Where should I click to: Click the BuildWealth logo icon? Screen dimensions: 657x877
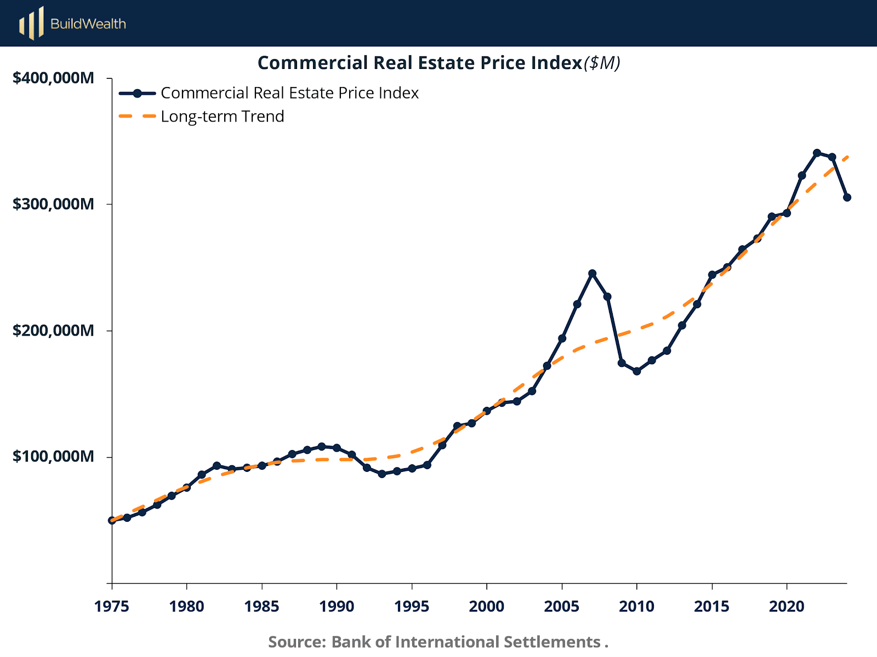tap(31, 24)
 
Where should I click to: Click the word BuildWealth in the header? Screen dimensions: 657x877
tap(88, 24)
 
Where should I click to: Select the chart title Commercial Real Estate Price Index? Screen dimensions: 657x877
tap(419, 63)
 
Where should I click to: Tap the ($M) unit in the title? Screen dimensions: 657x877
tap(602, 63)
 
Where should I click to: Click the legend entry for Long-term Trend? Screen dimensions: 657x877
tap(222, 117)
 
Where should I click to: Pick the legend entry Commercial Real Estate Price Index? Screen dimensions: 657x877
tap(289, 93)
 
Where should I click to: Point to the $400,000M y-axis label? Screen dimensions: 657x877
tap(53, 78)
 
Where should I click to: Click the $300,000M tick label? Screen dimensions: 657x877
tap(53, 204)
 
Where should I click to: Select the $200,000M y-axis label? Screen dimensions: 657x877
tap(53, 331)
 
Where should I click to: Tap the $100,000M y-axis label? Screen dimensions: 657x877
tap(53, 457)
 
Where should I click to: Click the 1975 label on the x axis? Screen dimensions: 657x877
tap(112, 607)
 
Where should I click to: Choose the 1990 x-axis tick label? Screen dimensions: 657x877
tap(337, 607)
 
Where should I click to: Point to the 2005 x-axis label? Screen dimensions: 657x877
tap(562, 607)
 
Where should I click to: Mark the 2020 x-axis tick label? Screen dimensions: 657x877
tap(787, 607)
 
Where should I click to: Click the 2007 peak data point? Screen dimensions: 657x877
tap(592, 273)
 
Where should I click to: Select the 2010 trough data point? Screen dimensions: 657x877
tap(637, 371)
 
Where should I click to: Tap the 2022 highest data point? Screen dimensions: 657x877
tap(817, 153)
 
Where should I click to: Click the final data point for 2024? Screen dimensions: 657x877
tap(847, 197)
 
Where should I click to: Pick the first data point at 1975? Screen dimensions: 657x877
tap(112, 520)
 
